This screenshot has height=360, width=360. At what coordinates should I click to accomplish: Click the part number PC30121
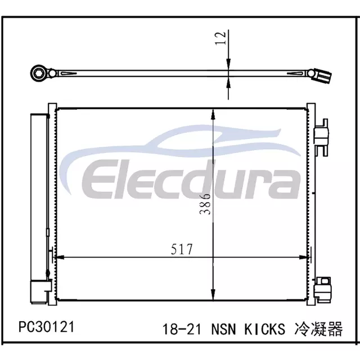pos(47,327)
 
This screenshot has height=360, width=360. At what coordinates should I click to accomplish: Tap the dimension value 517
pos(182,249)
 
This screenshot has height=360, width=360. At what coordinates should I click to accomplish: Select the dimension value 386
pos(205,204)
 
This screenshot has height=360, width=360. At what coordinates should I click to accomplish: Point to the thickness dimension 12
pos(220,38)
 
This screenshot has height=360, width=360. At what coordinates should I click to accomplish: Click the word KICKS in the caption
pos(264,328)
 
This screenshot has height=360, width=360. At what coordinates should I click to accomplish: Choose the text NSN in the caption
pos(223,328)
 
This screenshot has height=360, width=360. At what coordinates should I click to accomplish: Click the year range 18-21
pos(182,328)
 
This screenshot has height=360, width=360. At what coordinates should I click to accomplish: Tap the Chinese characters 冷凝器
pos(318,328)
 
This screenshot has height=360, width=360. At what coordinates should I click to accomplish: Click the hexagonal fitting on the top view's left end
pos(37,73)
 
